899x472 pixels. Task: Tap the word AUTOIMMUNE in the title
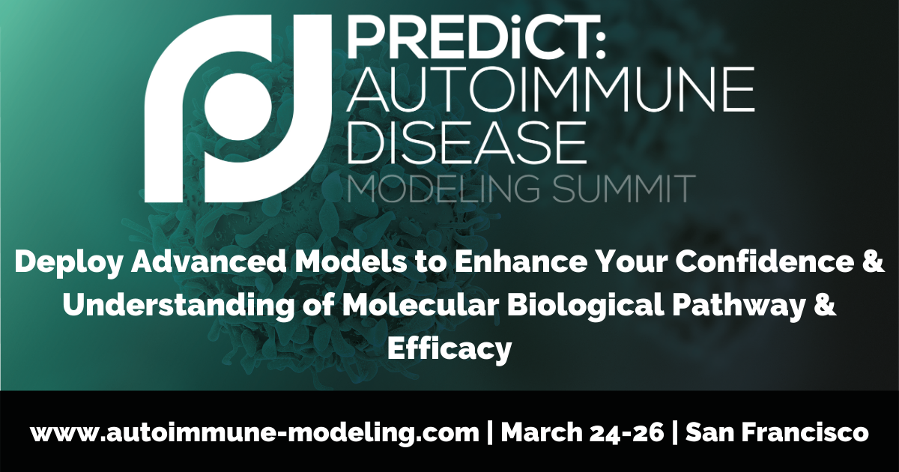pos(551,90)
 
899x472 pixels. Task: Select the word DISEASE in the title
pos(466,143)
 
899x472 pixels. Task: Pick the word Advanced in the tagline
pos(209,261)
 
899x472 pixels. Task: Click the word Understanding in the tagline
pos(178,306)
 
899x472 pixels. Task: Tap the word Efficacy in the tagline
pos(449,349)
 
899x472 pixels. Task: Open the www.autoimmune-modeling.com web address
pos(255,434)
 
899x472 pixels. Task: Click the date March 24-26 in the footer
pos(582,432)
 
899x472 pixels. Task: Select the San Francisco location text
pos(777,432)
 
